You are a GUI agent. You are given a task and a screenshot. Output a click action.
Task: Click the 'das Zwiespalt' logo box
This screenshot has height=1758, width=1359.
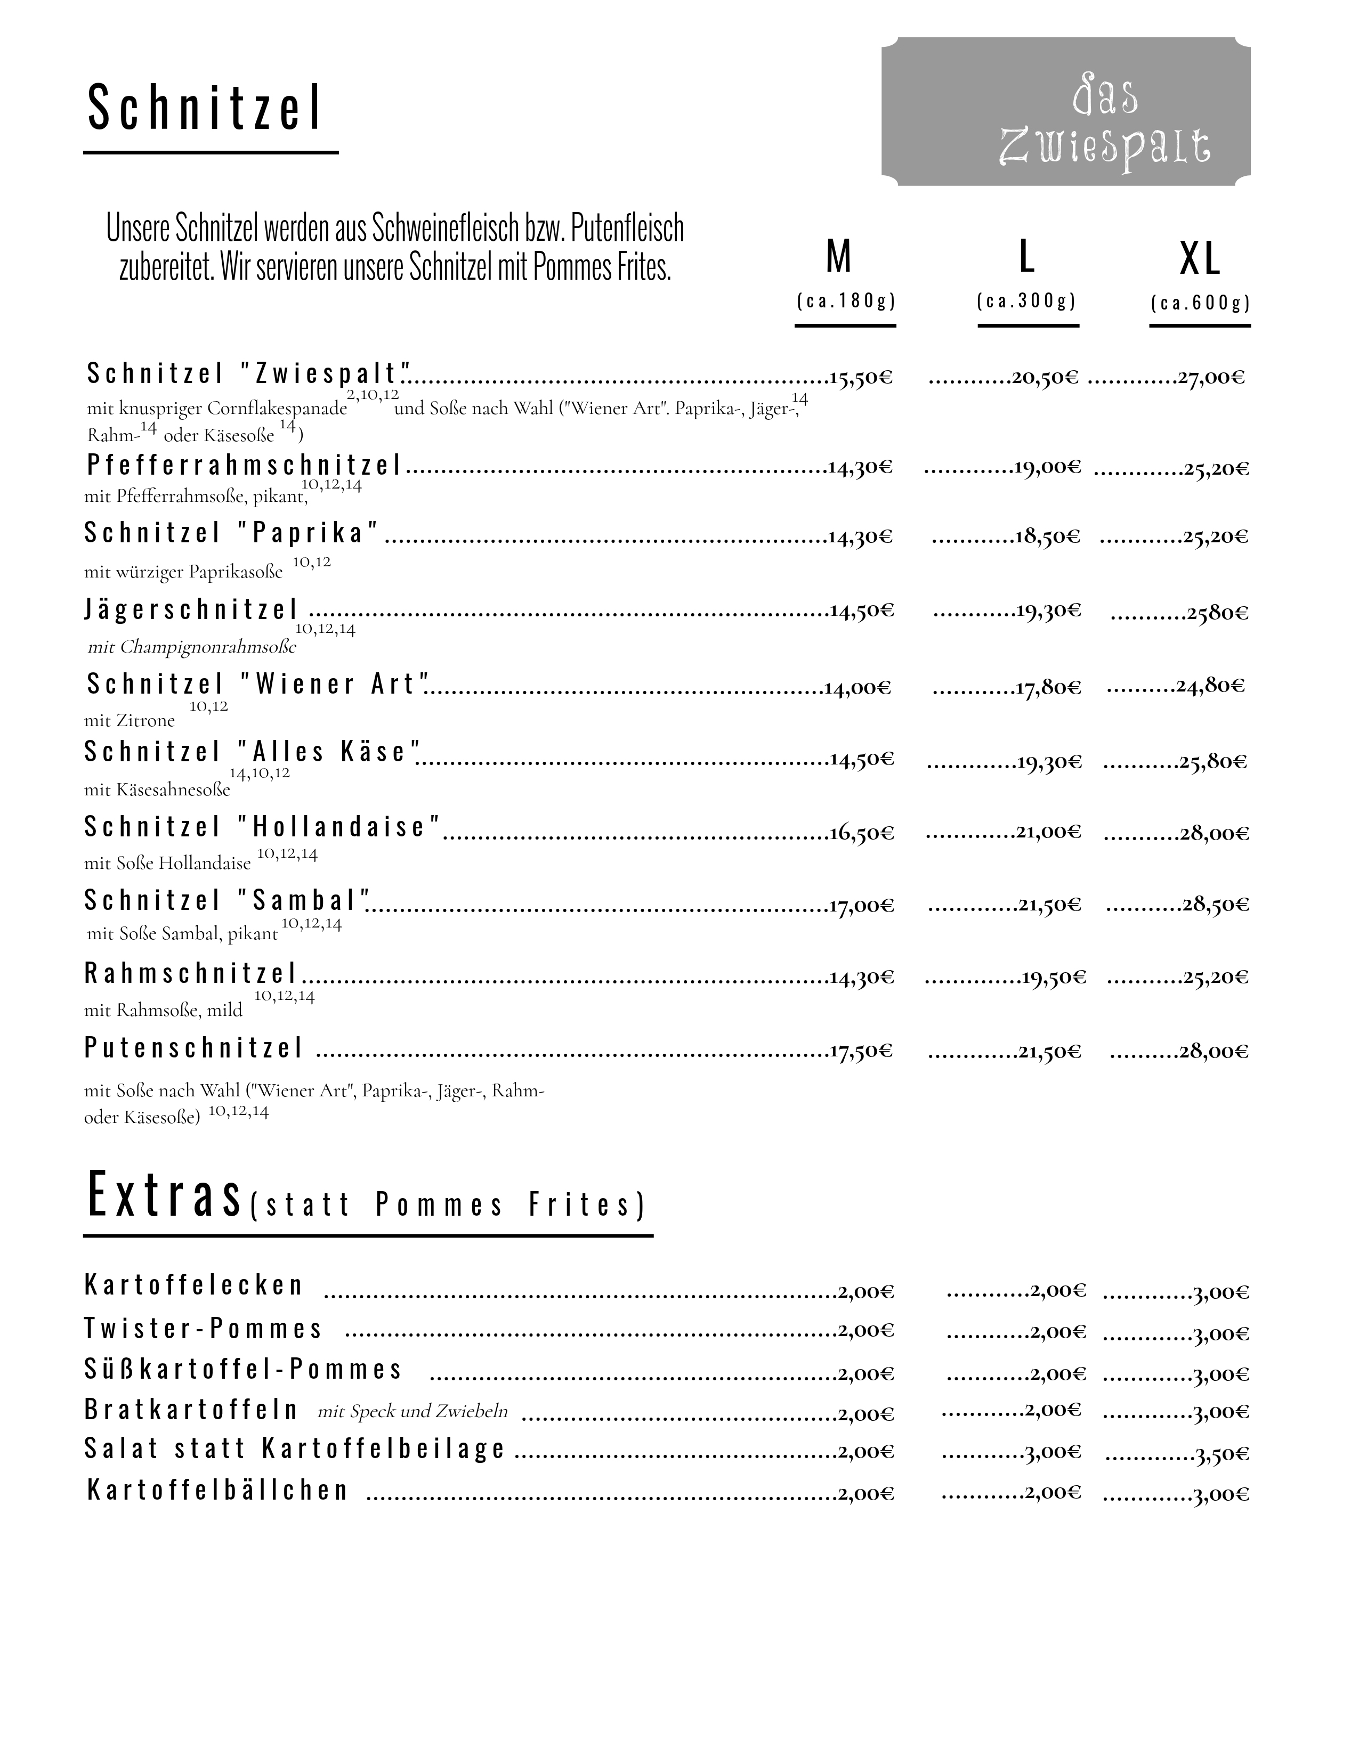[x=1065, y=112]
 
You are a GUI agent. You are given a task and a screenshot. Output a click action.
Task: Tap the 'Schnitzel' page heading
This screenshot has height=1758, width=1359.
[x=205, y=108]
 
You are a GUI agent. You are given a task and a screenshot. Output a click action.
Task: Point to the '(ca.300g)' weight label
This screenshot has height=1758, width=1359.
[x=1026, y=301]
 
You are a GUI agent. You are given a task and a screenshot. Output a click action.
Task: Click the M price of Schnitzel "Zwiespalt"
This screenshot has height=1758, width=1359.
[x=861, y=378]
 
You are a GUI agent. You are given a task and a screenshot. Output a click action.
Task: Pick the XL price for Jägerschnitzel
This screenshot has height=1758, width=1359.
[x=1217, y=613]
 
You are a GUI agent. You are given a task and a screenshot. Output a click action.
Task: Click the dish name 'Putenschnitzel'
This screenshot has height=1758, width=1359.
[x=194, y=1048]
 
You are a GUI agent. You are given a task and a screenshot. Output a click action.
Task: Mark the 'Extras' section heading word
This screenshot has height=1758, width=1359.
[x=164, y=1196]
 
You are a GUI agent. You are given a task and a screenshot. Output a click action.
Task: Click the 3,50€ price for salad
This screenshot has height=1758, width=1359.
[x=1222, y=1454]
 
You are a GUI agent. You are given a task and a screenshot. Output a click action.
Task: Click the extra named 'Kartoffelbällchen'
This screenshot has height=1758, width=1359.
[x=217, y=1490]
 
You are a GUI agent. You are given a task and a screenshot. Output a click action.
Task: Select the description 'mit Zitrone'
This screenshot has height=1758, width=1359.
[x=129, y=720]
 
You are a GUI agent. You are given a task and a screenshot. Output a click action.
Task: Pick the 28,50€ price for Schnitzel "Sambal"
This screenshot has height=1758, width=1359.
[x=1216, y=905]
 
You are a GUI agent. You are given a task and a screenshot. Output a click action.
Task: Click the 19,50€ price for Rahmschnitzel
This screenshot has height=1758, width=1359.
[x=1054, y=978]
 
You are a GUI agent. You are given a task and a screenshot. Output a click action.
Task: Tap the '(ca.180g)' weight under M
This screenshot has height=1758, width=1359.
[x=845, y=301]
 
